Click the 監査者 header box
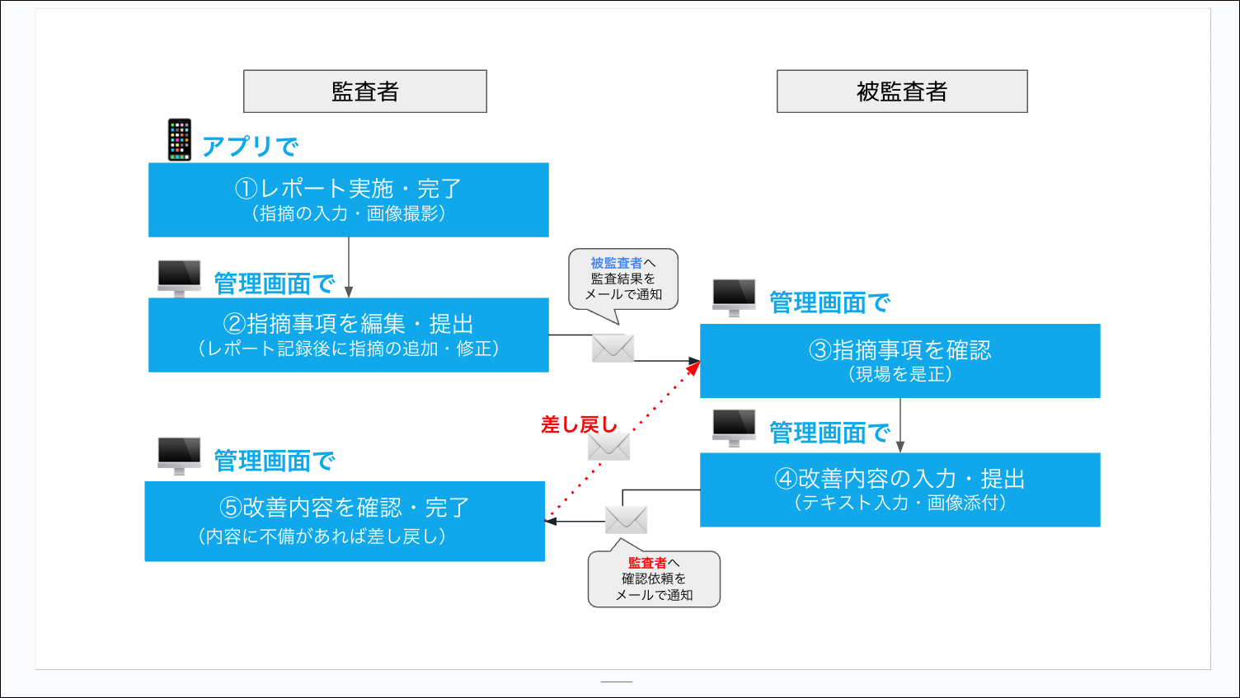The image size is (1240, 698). point(364,91)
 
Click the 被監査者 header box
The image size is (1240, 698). point(902,91)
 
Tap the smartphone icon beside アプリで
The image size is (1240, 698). point(180,140)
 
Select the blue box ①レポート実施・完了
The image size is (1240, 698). point(349,199)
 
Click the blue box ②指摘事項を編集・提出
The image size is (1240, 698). point(349,335)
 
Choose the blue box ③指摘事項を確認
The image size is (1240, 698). point(900,361)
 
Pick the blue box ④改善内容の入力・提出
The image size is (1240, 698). point(900,490)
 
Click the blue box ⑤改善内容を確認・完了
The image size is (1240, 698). point(345,522)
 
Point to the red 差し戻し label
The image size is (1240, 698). point(579,424)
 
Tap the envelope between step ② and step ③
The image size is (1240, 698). point(613,348)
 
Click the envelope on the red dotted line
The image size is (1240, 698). point(609,447)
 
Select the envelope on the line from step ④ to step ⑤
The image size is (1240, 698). point(626,520)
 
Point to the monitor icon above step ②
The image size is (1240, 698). point(179,279)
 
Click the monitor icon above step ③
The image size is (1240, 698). point(734,297)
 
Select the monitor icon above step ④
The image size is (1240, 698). point(734,428)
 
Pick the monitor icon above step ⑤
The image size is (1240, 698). point(179,456)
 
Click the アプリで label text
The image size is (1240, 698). point(250,146)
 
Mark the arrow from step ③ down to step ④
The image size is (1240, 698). point(900,425)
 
